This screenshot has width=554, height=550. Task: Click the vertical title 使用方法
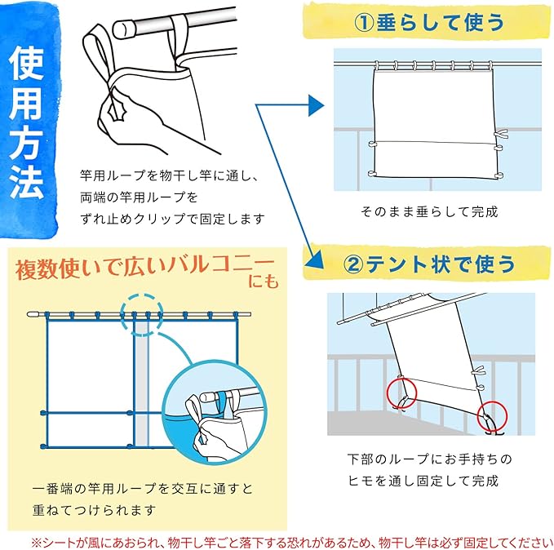pos(27,122)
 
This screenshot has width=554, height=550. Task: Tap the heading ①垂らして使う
pos(429,22)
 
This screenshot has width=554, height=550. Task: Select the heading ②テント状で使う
pos(429,264)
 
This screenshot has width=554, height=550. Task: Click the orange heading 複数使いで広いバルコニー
pos(145,268)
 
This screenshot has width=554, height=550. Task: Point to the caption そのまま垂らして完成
pos(429,211)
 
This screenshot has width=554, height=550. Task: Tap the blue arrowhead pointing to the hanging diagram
pos(316,105)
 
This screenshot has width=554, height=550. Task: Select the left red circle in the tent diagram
pos(401,393)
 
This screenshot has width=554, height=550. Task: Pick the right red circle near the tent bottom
pos(492,416)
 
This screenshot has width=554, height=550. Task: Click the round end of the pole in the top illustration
pos(122,29)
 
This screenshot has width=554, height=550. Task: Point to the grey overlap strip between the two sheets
pos(142,383)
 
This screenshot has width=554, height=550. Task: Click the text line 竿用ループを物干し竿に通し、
pos(170,175)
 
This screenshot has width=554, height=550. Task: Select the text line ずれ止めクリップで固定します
pos(172,219)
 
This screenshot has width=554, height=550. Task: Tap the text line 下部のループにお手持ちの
pos(429,459)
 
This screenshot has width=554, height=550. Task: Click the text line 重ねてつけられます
pos(94,510)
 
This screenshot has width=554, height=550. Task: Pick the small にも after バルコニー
pos(264,282)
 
